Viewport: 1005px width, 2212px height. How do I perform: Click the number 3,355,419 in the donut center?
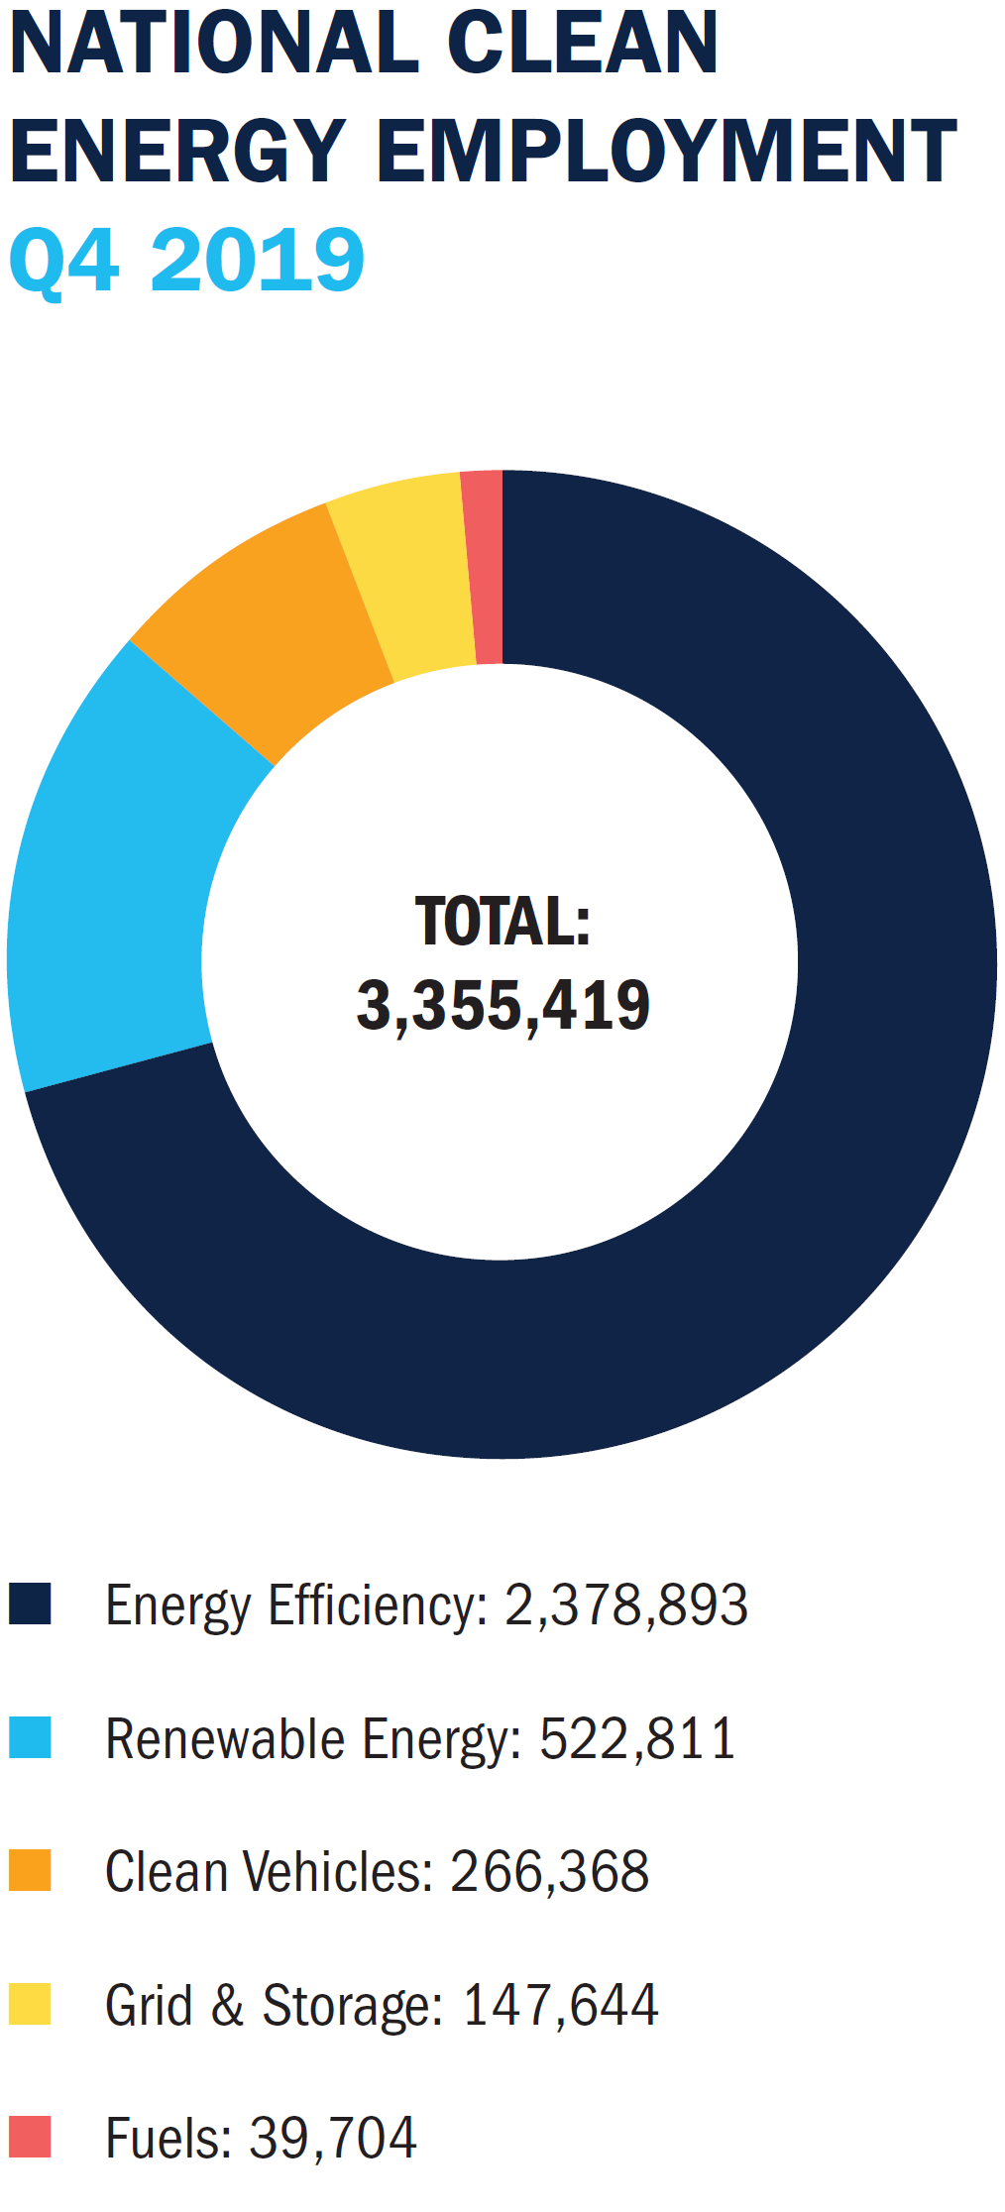click(x=502, y=1006)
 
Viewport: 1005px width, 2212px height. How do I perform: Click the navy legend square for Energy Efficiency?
click(x=31, y=1604)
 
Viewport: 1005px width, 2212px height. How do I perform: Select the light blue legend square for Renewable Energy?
click(x=31, y=1737)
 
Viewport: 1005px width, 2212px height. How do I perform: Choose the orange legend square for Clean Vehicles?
click(x=31, y=1870)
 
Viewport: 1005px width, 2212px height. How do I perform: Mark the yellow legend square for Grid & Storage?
click(x=31, y=2004)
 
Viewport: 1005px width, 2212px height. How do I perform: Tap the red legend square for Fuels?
click(x=31, y=2137)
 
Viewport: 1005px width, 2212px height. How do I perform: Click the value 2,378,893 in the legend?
click(x=626, y=1604)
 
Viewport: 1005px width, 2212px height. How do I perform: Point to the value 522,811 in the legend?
click(x=637, y=1738)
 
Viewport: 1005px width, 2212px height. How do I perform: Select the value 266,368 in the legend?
click(x=550, y=1871)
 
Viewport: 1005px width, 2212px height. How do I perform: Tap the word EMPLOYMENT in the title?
click(x=666, y=151)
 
